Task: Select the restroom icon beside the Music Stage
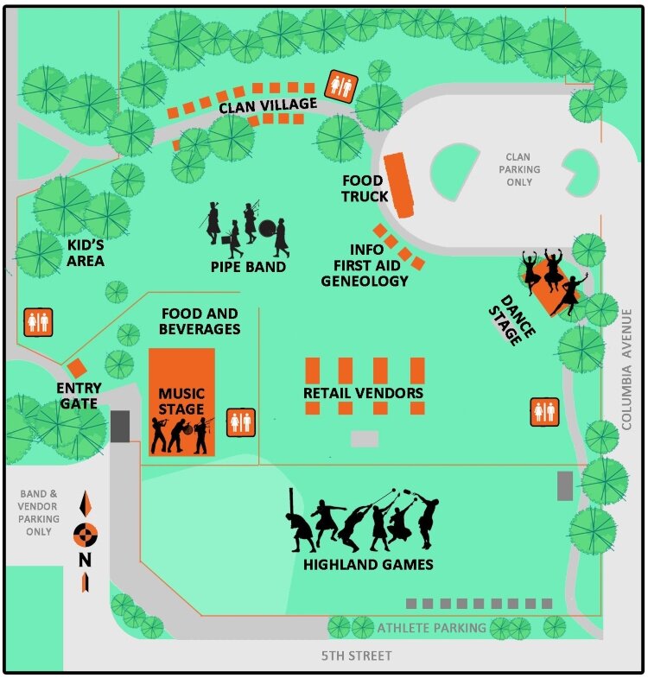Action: click(241, 422)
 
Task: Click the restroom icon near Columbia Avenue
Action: click(544, 412)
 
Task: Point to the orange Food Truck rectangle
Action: click(399, 185)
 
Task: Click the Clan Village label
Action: click(268, 105)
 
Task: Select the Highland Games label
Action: click(368, 565)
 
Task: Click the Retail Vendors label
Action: click(363, 394)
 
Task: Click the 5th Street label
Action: click(357, 656)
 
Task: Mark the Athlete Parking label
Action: click(431, 628)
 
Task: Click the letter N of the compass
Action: click(85, 560)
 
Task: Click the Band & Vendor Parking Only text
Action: click(40, 513)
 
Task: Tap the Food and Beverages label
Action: click(199, 321)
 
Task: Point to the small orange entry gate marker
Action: click(76, 369)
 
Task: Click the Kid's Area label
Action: click(86, 252)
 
